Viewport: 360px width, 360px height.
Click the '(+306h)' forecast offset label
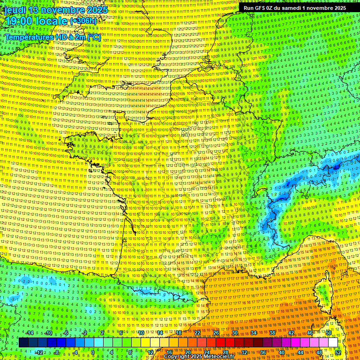83,21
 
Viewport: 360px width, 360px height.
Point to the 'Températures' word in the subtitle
29,37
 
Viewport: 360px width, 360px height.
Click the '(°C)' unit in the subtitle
93,37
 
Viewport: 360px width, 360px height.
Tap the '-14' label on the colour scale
30,333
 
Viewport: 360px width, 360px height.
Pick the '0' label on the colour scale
92,352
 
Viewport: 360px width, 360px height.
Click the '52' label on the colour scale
338,352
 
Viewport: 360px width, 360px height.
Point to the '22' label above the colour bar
197,333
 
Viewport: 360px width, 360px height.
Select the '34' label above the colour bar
254,333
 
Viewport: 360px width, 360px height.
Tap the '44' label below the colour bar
300,352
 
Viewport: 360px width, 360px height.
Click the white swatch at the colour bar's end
333,343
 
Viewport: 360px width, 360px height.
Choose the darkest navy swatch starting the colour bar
23,343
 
